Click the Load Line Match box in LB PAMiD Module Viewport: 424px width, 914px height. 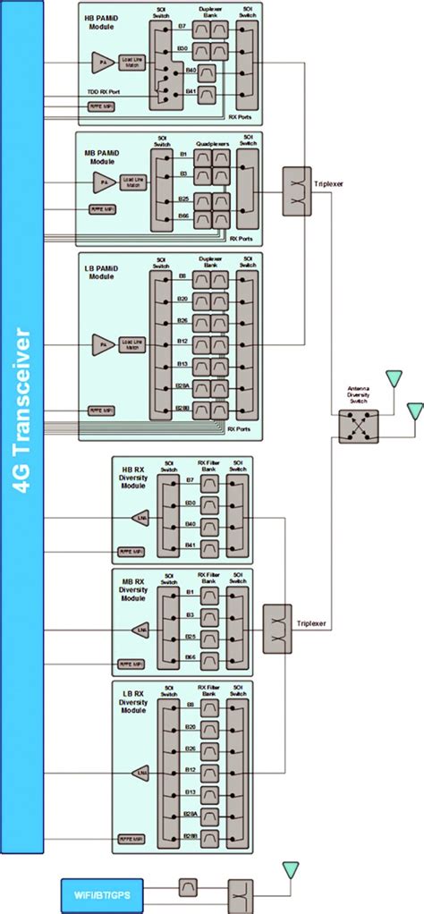click(131, 342)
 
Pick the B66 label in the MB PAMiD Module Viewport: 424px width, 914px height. click(182, 216)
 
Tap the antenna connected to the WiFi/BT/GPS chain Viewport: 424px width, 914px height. click(289, 869)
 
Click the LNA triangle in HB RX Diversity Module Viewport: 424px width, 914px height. click(141, 517)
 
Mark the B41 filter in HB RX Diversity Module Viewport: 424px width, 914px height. click(208, 545)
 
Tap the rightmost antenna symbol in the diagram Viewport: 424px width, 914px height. click(414, 411)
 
